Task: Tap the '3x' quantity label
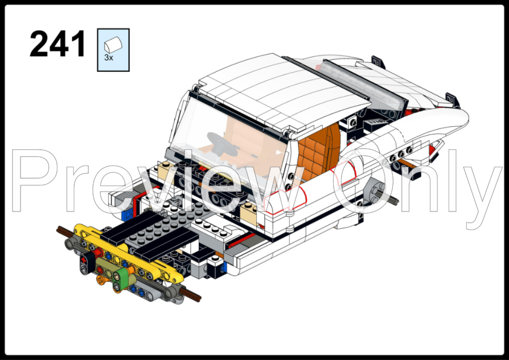pos(109,58)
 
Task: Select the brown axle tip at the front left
pos(62,230)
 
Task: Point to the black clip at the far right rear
pos(450,98)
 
